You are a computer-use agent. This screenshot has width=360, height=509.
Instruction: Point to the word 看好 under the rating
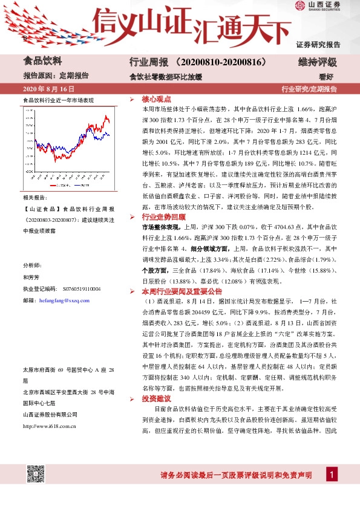327,77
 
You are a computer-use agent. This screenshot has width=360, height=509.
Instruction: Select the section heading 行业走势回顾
163,216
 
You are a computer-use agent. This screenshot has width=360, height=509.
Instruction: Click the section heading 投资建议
157,398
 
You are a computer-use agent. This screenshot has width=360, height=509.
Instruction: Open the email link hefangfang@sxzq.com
64,300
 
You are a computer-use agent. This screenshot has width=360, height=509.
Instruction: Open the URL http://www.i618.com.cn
49,410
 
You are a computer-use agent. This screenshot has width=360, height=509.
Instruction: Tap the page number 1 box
332,475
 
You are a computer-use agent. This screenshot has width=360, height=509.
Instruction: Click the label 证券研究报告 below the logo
318,44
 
